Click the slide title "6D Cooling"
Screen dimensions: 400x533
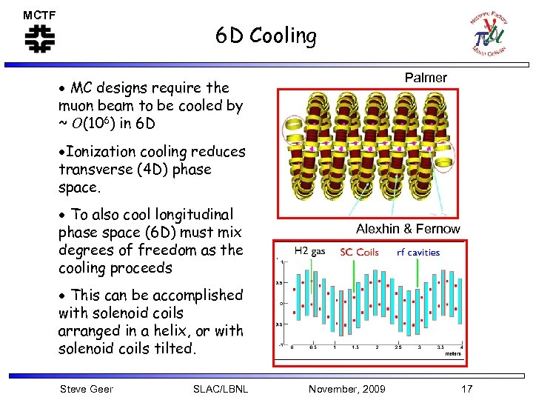(266, 36)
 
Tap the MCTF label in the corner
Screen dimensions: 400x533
(38, 15)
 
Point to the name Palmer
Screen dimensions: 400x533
(426, 78)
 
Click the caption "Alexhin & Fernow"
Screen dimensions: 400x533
(407, 229)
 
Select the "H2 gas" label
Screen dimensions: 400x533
(309, 252)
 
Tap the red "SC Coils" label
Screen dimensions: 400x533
(359, 252)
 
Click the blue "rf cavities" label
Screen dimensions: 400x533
(418, 252)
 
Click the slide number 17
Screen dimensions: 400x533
(466, 389)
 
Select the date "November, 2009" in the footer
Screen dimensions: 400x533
(346, 389)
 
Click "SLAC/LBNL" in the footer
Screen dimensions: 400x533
(220, 389)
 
